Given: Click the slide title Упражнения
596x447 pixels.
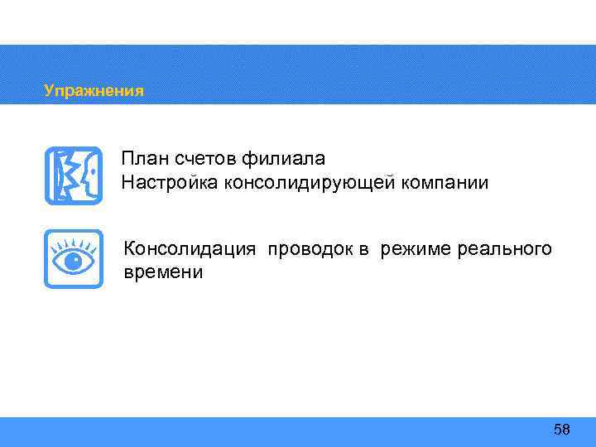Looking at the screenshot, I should (x=94, y=90).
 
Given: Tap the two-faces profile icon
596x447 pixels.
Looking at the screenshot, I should (x=73, y=175).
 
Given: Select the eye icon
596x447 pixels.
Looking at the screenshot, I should (x=73, y=259).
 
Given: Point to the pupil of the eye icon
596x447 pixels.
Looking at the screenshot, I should (x=73, y=262).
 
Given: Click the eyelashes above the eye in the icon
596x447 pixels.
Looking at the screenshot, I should (x=73, y=245).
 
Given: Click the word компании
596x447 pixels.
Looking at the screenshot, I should (x=451, y=181).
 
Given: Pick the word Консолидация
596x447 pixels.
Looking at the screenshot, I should (x=190, y=249).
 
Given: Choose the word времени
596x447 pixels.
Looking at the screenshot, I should (x=163, y=272).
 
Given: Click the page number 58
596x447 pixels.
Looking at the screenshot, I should (x=562, y=429).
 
